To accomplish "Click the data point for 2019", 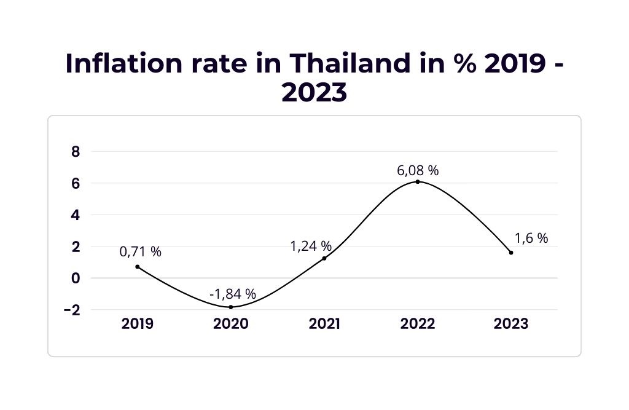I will (138, 267).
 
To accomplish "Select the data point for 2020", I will (231, 307).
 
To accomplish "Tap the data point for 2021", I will (324, 258).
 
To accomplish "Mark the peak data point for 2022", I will (418, 181).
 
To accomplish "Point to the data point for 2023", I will (511, 253).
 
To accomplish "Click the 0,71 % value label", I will (141, 251).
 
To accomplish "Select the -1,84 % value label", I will (232, 294).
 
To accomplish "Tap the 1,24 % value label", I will (311, 246).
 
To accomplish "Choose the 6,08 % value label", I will (418, 170).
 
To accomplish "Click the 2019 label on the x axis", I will (138, 324).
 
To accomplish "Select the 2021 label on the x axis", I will (324, 324).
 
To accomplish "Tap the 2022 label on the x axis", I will (418, 324).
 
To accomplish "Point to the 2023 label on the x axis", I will (511, 324).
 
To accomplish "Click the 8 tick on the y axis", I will (76, 152).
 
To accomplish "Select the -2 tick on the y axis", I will (72, 310).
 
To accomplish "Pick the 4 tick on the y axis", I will (76, 215).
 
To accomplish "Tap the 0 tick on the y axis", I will (76, 278).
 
